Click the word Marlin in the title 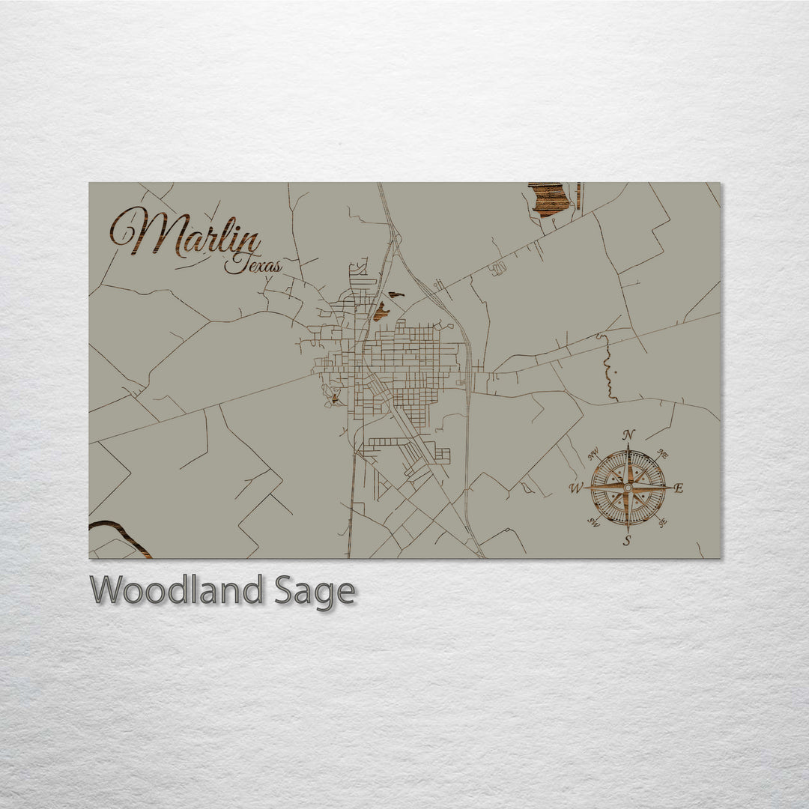187,234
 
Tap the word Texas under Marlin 254,264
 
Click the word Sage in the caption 315,592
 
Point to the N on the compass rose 629,435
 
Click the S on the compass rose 627,541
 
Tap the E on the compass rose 679,488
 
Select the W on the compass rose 576,489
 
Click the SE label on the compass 662,522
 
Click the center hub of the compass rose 628,488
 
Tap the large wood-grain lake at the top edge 550,199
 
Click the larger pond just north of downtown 381,312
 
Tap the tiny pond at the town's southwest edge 333,399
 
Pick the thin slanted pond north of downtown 396,294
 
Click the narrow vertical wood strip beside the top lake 578,196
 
